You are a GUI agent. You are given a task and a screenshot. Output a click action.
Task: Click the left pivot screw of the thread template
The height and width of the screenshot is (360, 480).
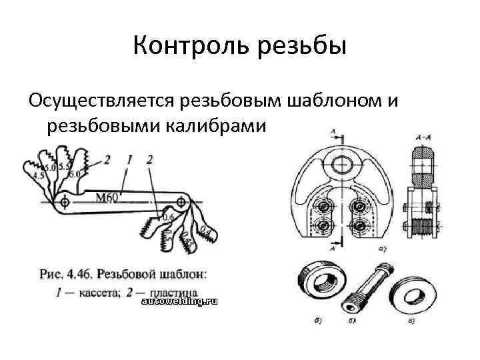[x=64, y=201]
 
